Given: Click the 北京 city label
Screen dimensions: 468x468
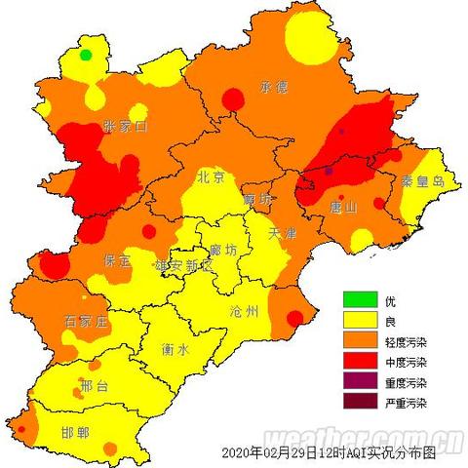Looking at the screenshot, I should point(212,177).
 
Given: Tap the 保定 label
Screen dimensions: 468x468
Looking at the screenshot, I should point(119,260).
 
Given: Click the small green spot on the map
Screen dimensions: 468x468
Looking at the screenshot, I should point(86,56).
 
